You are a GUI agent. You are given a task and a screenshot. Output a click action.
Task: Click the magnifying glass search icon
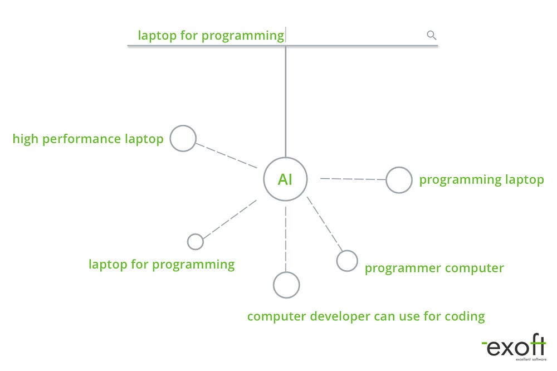click(431, 35)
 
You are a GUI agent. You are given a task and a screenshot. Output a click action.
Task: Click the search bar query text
click(211, 36)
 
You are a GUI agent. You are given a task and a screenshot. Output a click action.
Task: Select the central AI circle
click(285, 179)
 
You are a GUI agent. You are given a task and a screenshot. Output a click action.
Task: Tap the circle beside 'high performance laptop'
click(183, 139)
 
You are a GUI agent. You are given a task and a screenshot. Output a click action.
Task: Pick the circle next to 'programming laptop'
click(399, 180)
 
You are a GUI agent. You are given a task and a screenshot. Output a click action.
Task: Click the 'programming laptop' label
click(481, 179)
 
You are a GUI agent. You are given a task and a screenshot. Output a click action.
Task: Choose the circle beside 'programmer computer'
click(347, 261)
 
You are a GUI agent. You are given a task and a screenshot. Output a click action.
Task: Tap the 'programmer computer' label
click(434, 268)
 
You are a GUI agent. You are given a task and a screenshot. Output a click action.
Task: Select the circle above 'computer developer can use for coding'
click(286, 285)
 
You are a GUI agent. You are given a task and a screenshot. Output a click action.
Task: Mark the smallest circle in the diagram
click(196, 242)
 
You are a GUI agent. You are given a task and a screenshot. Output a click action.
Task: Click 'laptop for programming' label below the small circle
click(162, 264)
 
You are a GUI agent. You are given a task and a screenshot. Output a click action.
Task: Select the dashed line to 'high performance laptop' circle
click(226, 156)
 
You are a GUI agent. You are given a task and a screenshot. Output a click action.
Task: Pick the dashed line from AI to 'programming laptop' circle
click(353, 179)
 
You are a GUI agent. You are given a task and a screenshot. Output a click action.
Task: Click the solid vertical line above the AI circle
click(286, 100)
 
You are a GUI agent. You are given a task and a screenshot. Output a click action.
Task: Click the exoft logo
click(513, 348)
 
